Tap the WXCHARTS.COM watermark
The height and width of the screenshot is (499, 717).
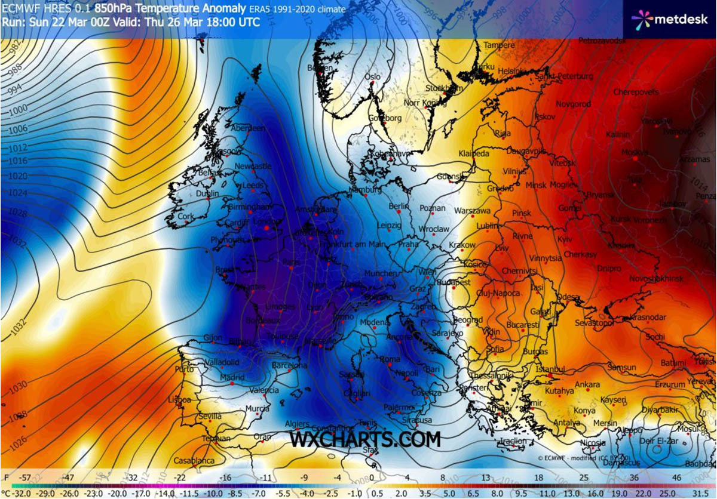(x=365, y=439)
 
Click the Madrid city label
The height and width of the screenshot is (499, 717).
(x=232, y=378)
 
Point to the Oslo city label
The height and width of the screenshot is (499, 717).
(x=372, y=77)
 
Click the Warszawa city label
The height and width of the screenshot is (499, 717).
(x=472, y=211)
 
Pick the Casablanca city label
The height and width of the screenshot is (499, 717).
(x=194, y=461)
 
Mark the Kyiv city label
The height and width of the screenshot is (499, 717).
(x=564, y=239)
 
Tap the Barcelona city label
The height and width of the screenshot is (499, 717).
(x=289, y=365)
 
